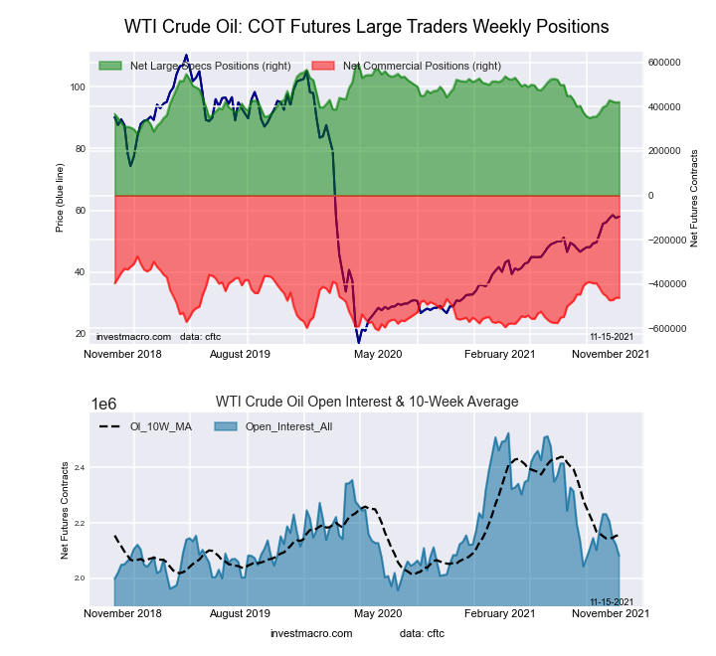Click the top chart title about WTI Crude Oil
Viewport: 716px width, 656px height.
coord(366,25)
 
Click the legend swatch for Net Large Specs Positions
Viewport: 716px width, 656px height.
coord(110,66)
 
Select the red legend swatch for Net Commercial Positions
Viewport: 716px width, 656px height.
coord(324,66)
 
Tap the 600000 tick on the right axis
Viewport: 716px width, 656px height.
coord(664,62)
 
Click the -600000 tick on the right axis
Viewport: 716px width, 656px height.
coord(664,329)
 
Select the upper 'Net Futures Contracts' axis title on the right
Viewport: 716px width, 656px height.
coord(694,198)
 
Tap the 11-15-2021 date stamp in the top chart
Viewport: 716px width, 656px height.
coord(613,337)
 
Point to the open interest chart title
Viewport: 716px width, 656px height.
coord(367,402)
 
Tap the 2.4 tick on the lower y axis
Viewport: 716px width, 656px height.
coord(79,467)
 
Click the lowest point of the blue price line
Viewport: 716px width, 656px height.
coord(359,343)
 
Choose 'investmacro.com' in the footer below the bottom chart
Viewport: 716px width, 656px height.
coord(311,633)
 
